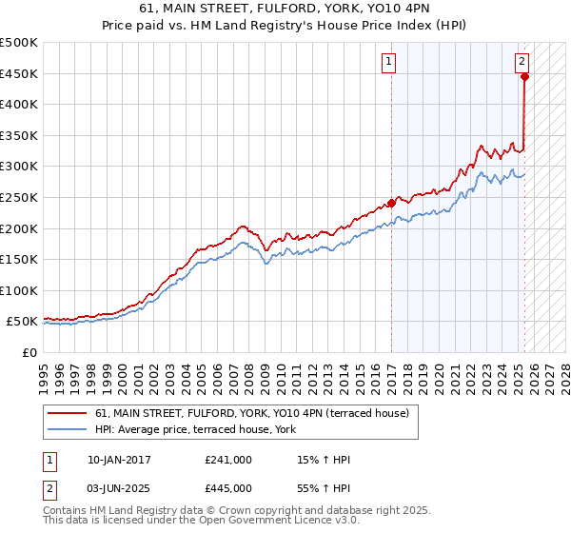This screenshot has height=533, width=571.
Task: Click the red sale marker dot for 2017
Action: [x=391, y=203]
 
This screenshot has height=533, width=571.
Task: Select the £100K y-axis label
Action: [x=20, y=290]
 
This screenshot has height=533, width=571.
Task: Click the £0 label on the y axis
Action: [x=30, y=352]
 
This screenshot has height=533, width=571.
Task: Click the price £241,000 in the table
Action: [x=228, y=460]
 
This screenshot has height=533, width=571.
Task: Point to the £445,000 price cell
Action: [x=228, y=487]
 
